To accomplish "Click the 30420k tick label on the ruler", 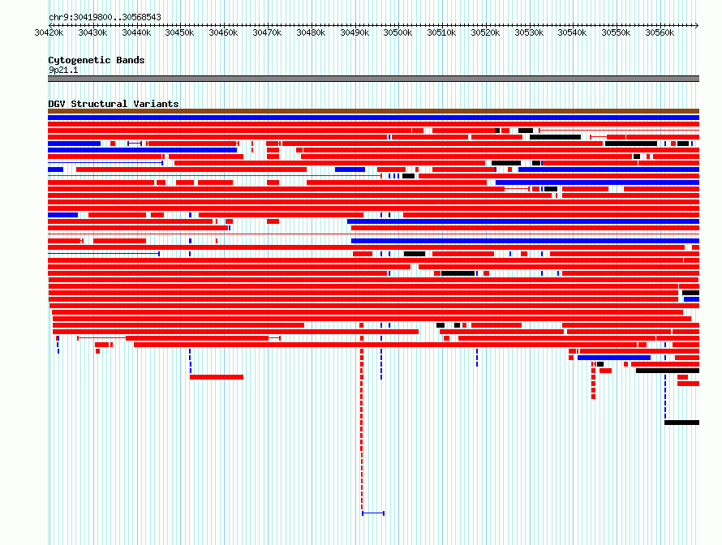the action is point(49,32).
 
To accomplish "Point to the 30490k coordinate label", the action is point(355,32).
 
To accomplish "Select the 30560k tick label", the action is point(660,32).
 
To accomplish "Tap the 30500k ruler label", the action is point(398,32).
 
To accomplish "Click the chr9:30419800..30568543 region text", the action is point(105,18).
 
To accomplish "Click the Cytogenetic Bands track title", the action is point(97,60).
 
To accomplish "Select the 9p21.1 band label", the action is point(63,70).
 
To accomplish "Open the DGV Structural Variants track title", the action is point(114,104).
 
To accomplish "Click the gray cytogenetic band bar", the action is point(373,79).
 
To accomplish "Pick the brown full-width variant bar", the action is point(373,111).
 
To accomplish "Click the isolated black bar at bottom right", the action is point(682,423).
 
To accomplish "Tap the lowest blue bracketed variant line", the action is point(373,513).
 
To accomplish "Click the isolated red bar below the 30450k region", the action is point(217,377).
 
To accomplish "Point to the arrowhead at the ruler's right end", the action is point(697,25).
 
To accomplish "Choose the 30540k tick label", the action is point(572,32).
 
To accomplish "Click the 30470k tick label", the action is point(267,32).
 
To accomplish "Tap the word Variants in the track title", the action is point(156,104).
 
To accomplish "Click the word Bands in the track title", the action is point(131,60).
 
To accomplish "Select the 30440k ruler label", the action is point(136,32).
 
